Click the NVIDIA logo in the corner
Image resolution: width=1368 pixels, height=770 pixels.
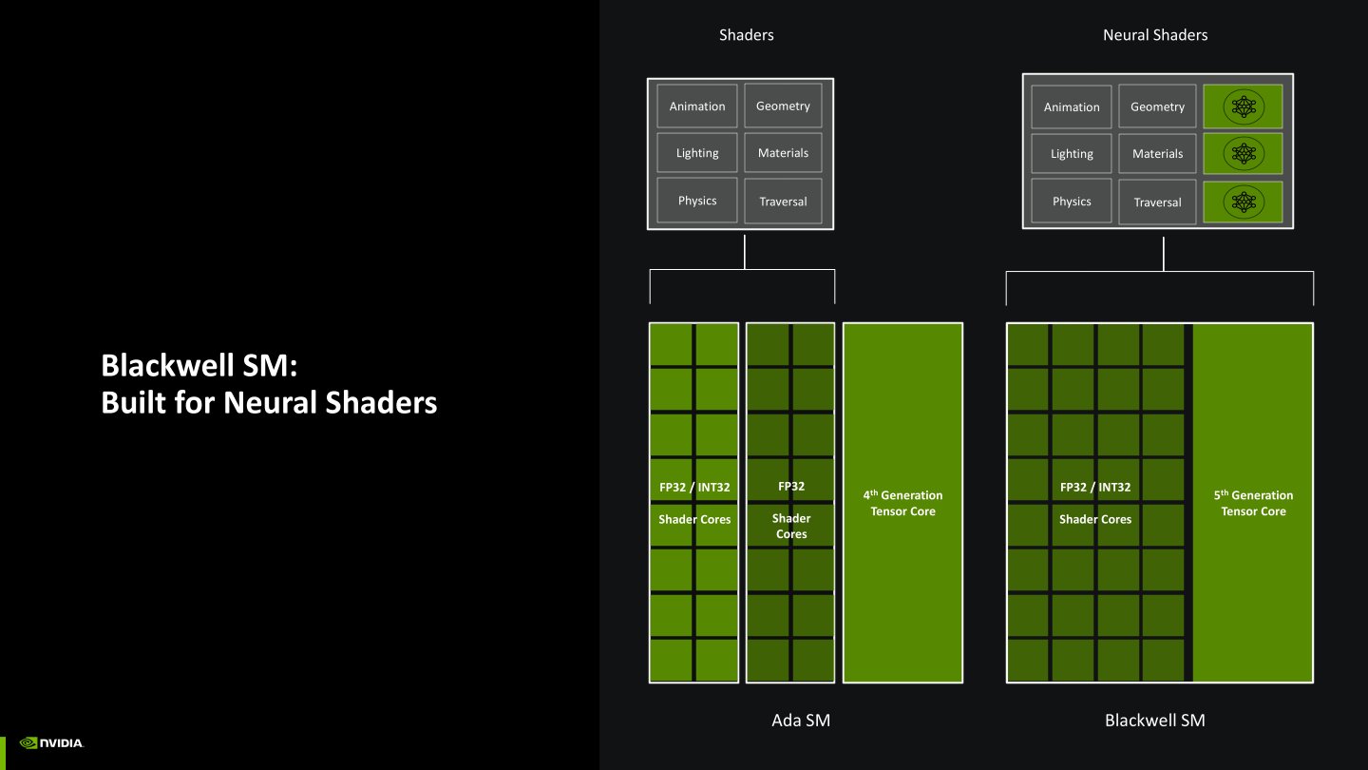(x=51, y=743)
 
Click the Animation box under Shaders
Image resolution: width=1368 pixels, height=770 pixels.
(x=696, y=106)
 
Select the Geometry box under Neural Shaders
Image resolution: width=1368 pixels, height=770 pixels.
(x=1157, y=107)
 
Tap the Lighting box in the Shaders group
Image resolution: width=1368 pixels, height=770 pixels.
(x=696, y=153)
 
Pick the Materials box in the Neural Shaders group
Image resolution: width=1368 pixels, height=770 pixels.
(x=1157, y=154)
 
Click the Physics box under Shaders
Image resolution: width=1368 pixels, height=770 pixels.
(x=696, y=201)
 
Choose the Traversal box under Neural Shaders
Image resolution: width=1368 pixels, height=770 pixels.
(x=1157, y=202)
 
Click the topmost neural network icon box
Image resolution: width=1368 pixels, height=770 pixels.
(x=1243, y=106)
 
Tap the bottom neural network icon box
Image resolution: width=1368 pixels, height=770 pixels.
(x=1243, y=202)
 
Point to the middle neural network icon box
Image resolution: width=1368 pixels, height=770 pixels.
(x=1243, y=153)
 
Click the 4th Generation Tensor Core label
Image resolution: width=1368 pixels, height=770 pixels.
(x=902, y=503)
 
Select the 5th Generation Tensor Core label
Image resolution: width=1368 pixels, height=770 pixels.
(x=1253, y=503)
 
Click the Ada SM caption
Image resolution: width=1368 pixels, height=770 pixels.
(x=800, y=721)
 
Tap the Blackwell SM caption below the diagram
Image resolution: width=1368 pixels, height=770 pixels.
(x=1154, y=721)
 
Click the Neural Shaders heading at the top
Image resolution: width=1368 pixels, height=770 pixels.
(x=1154, y=35)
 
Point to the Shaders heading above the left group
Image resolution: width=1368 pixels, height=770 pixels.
(x=746, y=35)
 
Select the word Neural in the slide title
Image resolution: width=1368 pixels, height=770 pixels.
(x=273, y=403)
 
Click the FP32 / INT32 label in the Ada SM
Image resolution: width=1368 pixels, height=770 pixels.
(x=694, y=488)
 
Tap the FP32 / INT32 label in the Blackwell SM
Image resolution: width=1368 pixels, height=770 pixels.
(x=1094, y=488)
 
